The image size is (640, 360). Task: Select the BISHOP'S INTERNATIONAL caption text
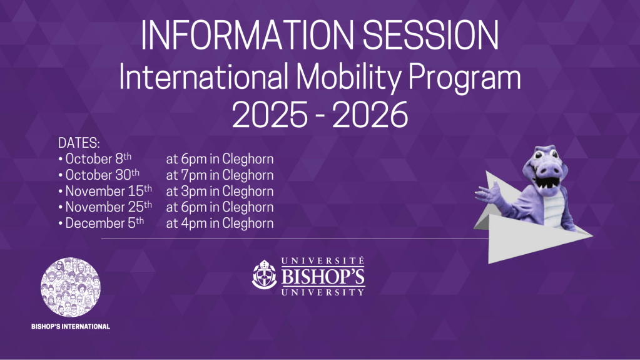click(71, 327)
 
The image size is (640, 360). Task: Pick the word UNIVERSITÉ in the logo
click(323, 261)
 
